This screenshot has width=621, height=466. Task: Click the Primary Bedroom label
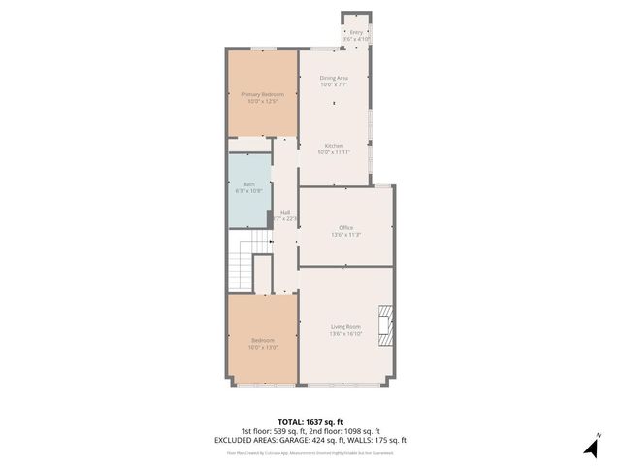[x=263, y=93]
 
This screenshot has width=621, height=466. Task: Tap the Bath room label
[x=249, y=184]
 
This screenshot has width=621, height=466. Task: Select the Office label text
[x=346, y=227]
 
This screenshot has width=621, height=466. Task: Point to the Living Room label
[x=346, y=326]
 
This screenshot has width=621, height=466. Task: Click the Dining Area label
[x=334, y=77]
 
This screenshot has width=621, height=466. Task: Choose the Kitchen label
[x=334, y=146]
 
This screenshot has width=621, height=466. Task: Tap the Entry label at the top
[x=356, y=32]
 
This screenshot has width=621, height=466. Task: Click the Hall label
[x=285, y=212]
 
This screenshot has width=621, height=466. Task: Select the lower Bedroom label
[x=263, y=340]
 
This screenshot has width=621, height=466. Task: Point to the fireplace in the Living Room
[x=387, y=325]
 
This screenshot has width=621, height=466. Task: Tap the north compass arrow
[x=590, y=448]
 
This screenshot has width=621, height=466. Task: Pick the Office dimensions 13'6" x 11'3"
[x=346, y=234]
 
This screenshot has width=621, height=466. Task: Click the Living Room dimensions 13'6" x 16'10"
[x=346, y=334]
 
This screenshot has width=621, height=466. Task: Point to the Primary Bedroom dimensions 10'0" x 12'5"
[x=263, y=101]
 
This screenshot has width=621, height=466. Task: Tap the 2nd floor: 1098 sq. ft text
[x=347, y=431]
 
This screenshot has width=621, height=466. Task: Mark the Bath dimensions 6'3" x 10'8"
[x=249, y=191]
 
